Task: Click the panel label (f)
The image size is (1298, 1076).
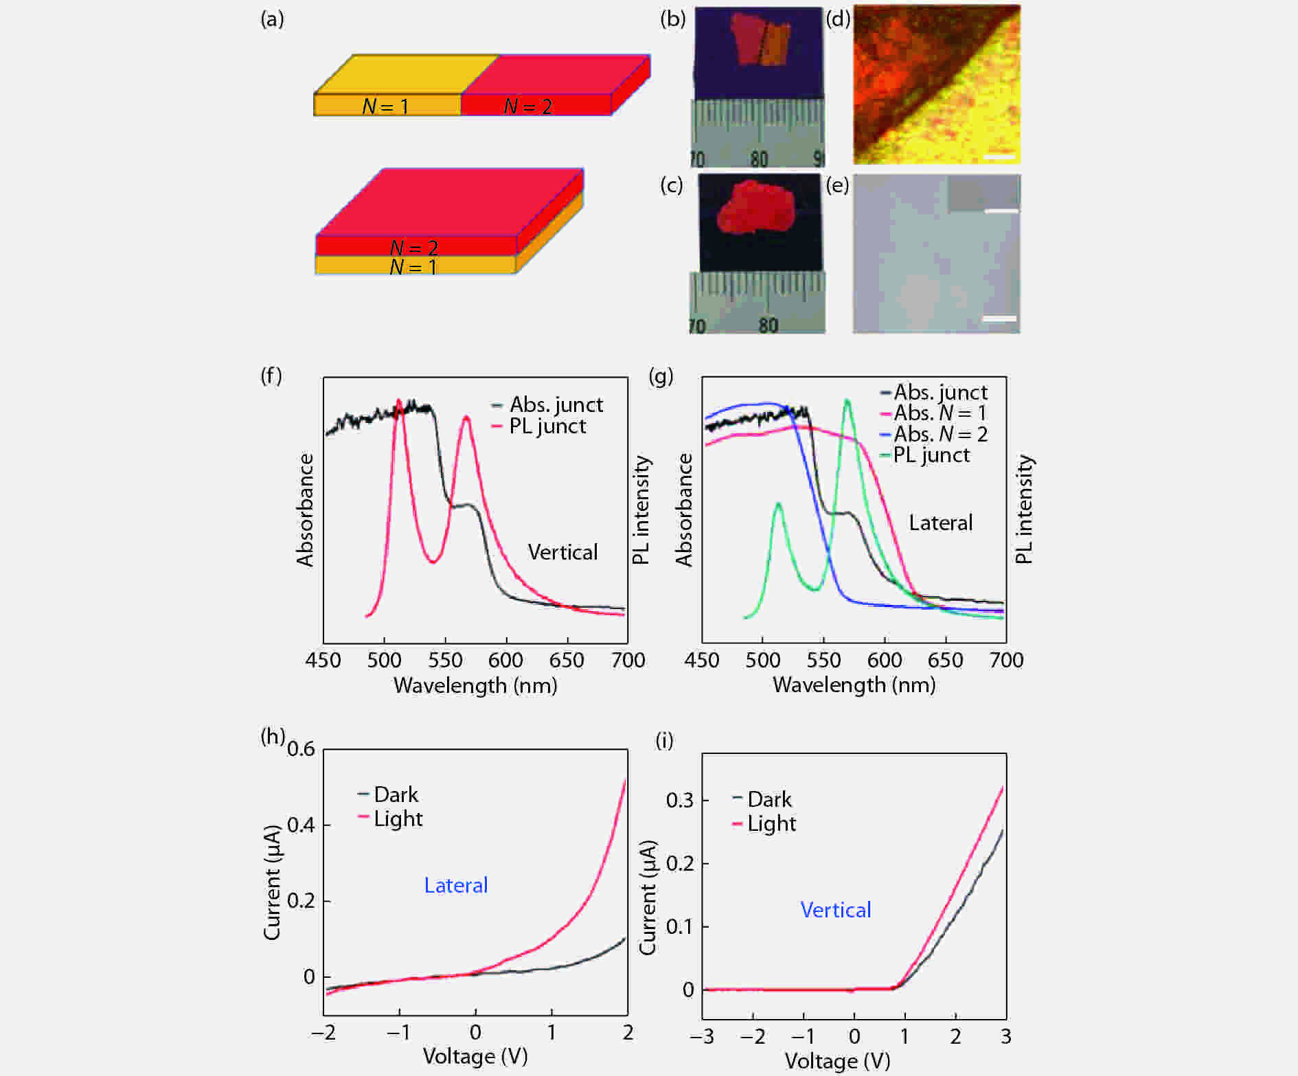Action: (271, 376)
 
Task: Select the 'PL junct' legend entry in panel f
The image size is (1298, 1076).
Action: (547, 426)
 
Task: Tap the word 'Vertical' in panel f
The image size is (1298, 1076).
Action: (562, 552)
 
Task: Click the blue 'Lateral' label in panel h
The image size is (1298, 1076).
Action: (455, 885)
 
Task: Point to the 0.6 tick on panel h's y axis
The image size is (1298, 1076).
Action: (301, 748)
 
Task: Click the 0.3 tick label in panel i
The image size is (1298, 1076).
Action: (680, 801)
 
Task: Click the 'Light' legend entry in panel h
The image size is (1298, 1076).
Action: (398, 819)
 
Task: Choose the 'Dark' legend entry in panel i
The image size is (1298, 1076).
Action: (769, 799)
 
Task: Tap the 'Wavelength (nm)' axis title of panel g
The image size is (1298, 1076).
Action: (854, 685)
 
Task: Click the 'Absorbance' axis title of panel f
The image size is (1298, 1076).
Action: (305, 510)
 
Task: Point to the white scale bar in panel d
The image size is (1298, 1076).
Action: (999, 157)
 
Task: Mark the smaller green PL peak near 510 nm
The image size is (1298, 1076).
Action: (778, 505)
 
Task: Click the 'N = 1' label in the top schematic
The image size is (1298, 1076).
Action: (385, 106)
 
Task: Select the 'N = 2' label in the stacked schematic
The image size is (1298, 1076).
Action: (413, 247)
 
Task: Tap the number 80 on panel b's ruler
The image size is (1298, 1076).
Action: (759, 159)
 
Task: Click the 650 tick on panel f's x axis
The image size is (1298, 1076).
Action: (567, 661)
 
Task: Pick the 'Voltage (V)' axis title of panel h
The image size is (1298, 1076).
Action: (475, 1056)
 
